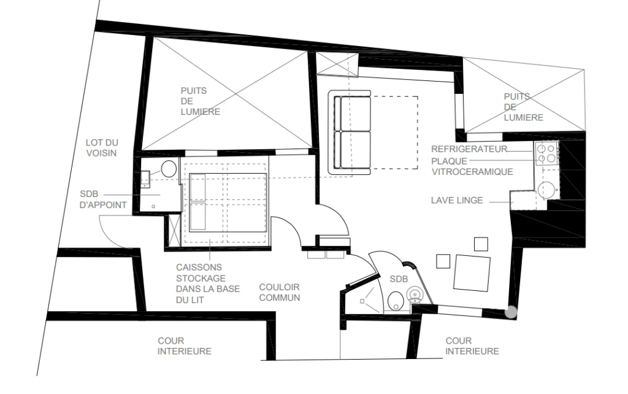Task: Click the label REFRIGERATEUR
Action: tap(469, 149)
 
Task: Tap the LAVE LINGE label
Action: tap(457, 201)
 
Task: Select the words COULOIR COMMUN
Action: tap(280, 293)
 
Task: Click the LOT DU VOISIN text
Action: tap(102, 147)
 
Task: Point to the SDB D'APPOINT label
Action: tap(103, 199)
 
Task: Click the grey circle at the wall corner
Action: tap(511, 312)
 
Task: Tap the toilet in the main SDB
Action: tap(396, 301)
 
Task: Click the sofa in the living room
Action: tap(350, 133)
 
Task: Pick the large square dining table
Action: tap(472, 273)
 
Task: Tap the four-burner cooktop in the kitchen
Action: tap(546, 153)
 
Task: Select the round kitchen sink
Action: tap(546, 190)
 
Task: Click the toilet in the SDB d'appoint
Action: tap(169, 168)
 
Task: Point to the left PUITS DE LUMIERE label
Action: tap(201, 101)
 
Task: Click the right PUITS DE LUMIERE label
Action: tap(524, 107)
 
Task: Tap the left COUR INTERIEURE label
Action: tap(184, 346)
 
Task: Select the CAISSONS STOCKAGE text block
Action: tap(208, 284)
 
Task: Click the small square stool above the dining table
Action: tap(481, 244)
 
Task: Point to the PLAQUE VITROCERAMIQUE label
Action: tap(472, 166)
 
